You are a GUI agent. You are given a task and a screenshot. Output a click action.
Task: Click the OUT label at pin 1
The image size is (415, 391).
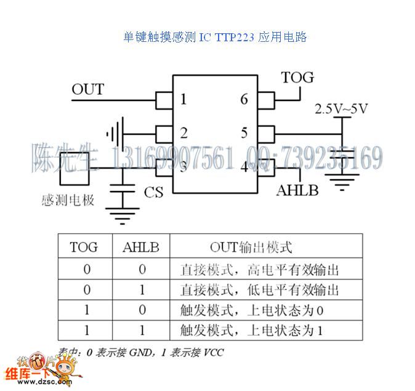click(87, 90)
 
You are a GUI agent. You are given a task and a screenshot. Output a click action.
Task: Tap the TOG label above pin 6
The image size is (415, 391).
click(297, 78)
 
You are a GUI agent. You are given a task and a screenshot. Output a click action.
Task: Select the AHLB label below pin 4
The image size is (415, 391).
click(297, 190)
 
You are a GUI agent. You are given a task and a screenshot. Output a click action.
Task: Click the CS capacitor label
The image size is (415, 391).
click(153, 193)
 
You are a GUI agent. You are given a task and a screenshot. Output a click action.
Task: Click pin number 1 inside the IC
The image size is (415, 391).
click(183, 100)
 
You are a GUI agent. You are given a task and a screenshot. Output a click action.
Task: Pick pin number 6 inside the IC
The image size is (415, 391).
click(244, 100)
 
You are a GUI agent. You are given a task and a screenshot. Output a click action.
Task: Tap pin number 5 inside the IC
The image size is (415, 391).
click(244, 132)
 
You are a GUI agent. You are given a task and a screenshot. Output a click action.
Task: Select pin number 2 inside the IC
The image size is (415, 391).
click(183, 132)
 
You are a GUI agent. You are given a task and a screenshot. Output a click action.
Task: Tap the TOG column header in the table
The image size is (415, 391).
click(84, 248)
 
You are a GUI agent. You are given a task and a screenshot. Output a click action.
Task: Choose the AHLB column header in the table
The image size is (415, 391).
click(141, 248)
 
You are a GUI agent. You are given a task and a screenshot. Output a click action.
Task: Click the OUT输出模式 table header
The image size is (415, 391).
click(251, 248)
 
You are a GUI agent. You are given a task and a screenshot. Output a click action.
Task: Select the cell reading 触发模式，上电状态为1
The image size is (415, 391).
click(251, 330)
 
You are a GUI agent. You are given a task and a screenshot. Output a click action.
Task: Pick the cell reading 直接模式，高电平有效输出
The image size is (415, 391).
click(259, 269)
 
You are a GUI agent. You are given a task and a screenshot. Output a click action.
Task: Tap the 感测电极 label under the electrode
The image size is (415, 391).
click(68, 201)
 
